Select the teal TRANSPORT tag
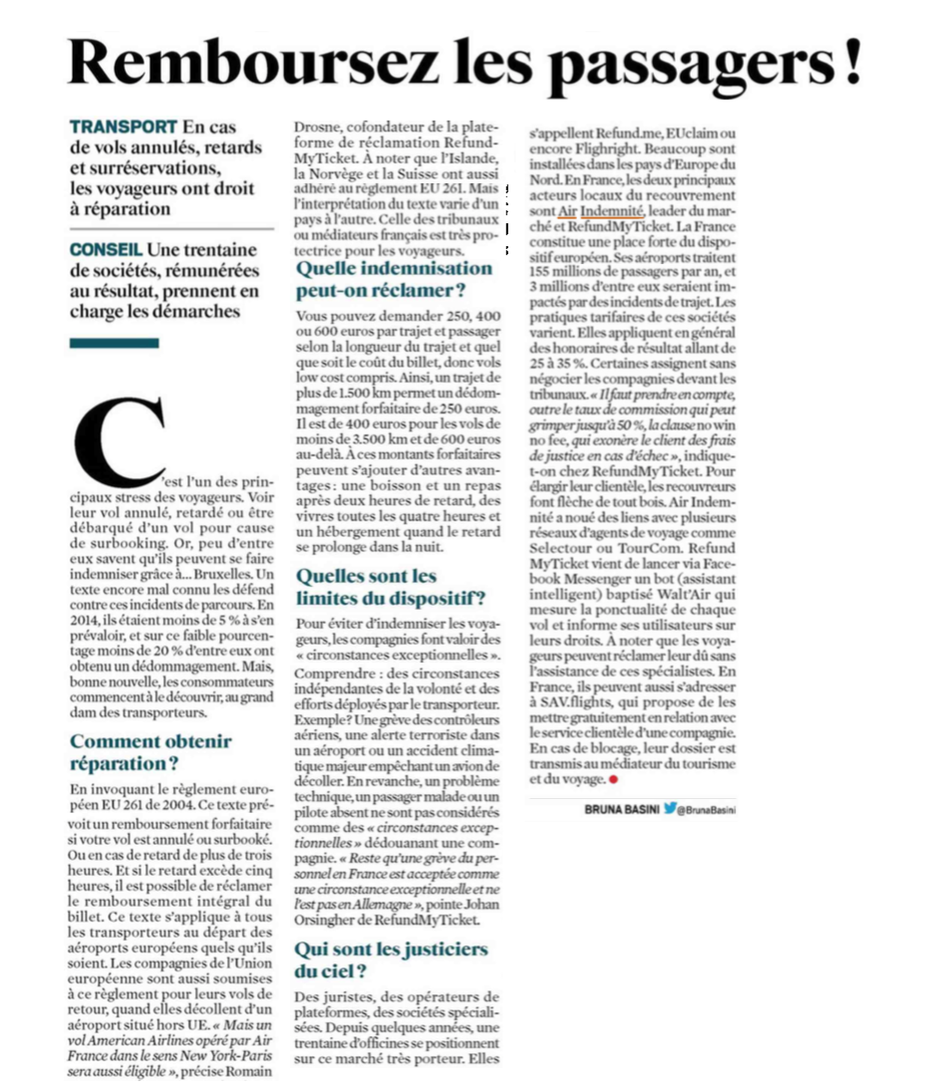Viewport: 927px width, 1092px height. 124,128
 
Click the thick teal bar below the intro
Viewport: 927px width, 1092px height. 115,343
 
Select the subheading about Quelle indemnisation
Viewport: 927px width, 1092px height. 394,279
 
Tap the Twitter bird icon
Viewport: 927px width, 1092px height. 670,810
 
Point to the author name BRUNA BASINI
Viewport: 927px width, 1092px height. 622,810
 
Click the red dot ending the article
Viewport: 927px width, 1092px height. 615,779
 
